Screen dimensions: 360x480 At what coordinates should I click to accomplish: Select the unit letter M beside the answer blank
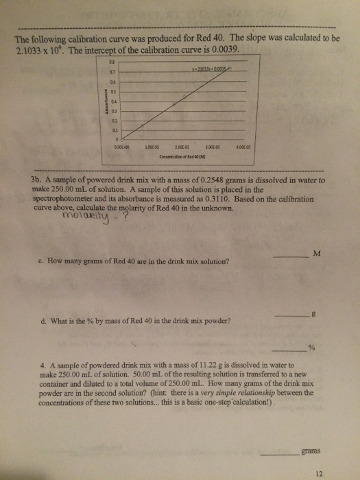[316, 255]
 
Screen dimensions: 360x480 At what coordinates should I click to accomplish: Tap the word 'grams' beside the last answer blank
[309, 451]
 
